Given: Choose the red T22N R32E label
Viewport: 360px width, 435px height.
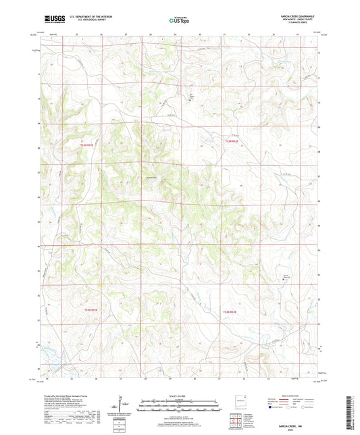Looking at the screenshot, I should [x=231, y=312].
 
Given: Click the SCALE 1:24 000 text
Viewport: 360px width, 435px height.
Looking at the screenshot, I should [x=180, y=395].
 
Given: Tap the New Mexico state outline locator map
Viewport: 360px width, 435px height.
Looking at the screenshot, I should [x=236, y=399].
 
